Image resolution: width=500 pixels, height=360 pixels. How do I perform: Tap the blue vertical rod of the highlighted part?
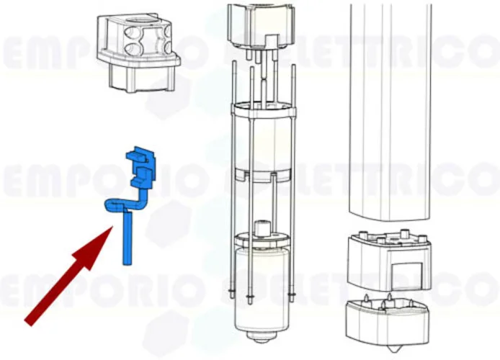(128, 238)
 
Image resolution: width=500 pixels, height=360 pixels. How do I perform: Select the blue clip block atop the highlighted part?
(141, 166)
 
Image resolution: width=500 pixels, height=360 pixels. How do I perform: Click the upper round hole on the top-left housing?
(131, 32)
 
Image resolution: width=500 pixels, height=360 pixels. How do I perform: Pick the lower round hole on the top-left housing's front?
(133, 48)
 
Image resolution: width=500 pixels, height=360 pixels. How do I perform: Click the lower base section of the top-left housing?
(142, 78)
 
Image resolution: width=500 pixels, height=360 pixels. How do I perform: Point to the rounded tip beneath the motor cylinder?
(263, 337)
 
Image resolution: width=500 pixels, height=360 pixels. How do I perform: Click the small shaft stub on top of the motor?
(263, 227)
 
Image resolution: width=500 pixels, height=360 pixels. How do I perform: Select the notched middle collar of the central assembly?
(264, 174)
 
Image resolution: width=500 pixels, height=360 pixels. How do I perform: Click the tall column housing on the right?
(390, 112)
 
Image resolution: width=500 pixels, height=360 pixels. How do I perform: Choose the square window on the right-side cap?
(407, 276)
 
